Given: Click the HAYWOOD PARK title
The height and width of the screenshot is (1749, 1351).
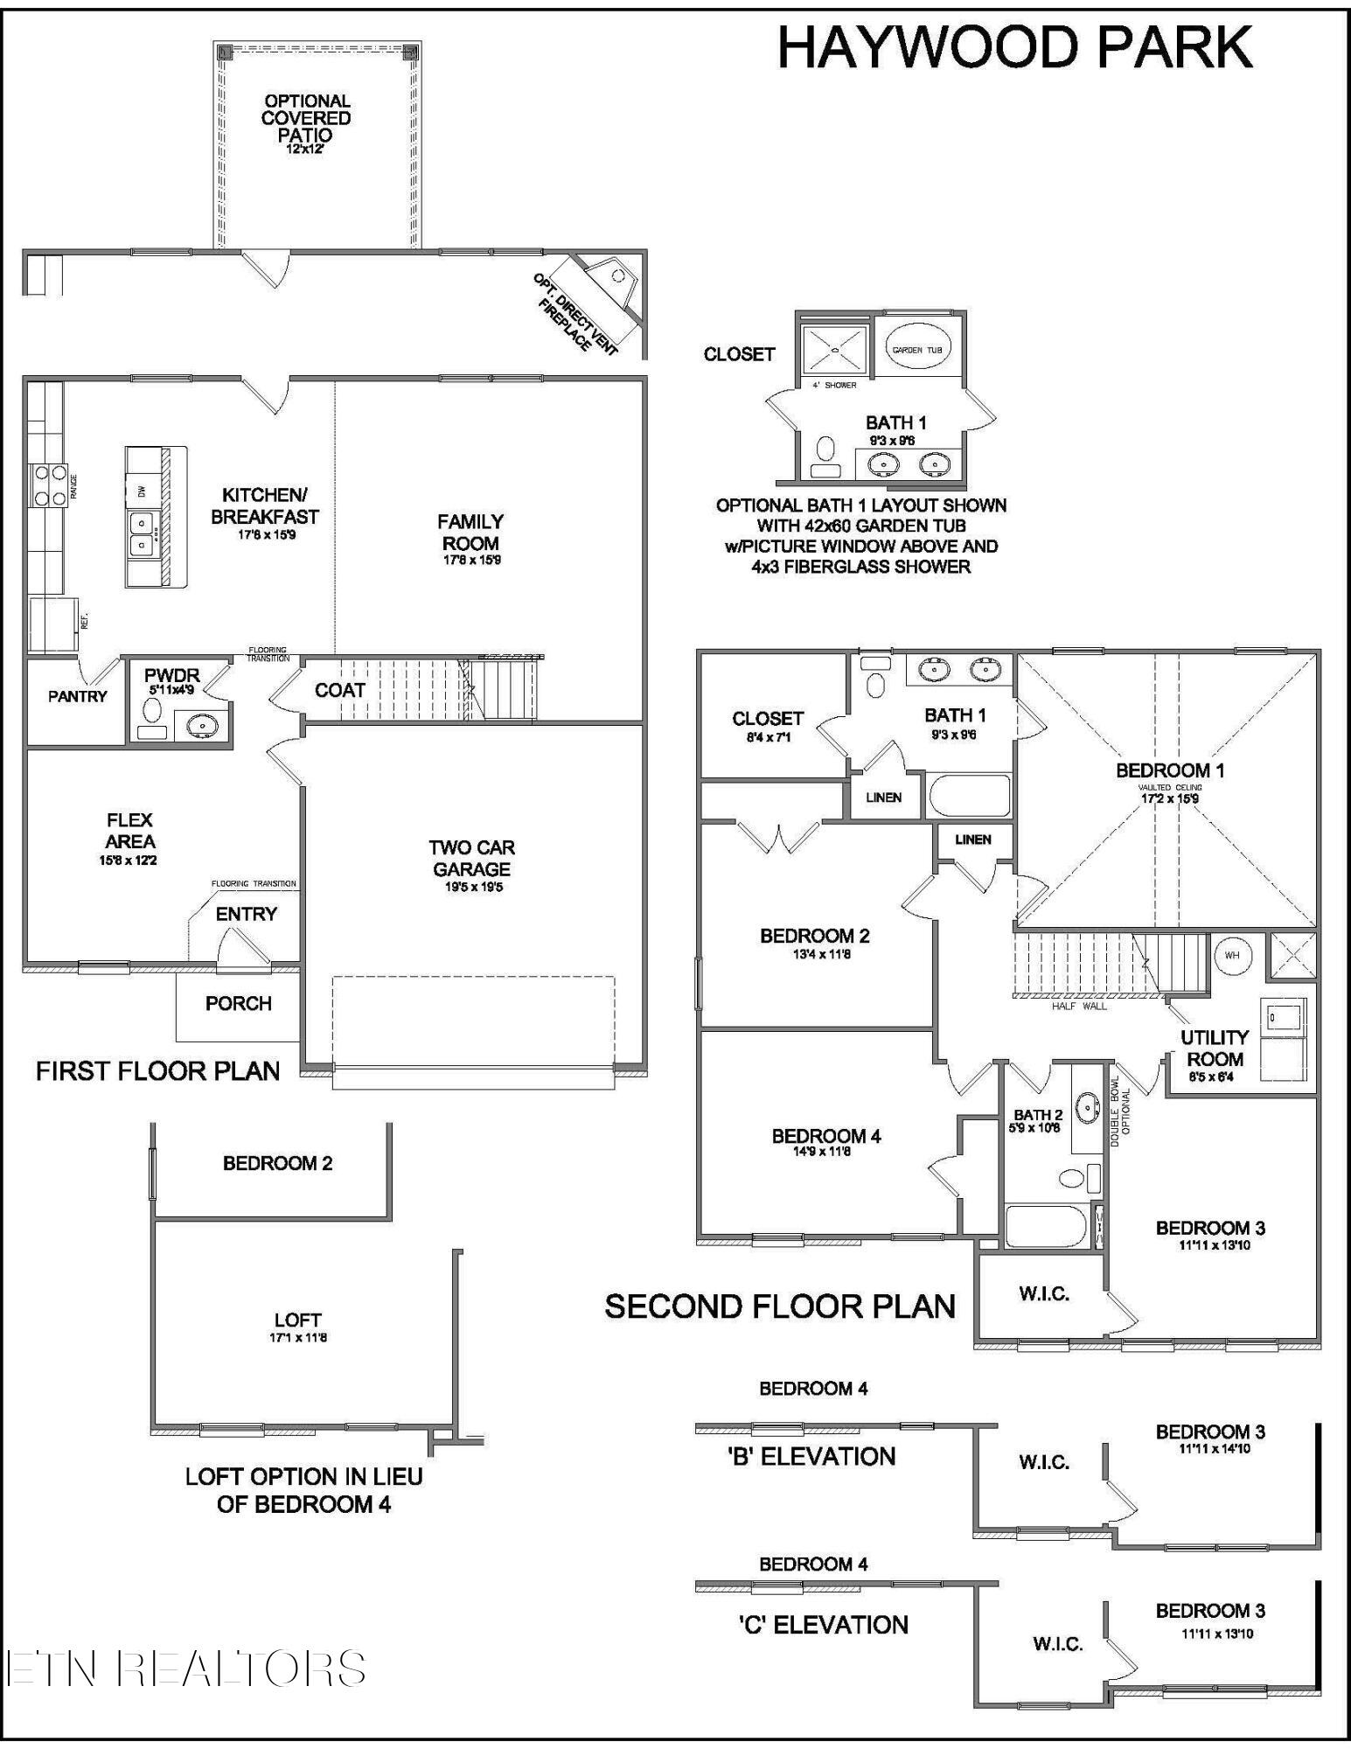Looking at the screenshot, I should point(1014,48).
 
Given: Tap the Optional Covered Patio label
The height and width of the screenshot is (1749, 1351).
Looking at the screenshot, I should point(307,118).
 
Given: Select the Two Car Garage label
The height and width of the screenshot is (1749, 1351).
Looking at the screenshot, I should point(471,859).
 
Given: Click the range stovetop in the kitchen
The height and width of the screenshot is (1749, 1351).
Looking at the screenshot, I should point(49,484).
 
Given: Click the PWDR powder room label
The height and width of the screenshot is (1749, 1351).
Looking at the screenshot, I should point(171,675).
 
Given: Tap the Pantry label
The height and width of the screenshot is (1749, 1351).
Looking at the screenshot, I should point(77,696).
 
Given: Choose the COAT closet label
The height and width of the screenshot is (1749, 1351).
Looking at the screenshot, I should point(339,690).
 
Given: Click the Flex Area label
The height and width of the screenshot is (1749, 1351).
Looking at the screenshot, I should point(129,831).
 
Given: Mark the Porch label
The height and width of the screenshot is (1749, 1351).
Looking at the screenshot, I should point(238,1003).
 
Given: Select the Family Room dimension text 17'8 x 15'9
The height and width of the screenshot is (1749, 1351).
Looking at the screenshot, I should point(470,561).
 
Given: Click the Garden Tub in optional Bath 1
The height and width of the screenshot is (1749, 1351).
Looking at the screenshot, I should point(917,349).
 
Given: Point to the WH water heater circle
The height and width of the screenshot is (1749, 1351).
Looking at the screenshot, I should point(1231,955).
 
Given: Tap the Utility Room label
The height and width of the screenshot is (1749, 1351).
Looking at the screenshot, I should point(1214,1048).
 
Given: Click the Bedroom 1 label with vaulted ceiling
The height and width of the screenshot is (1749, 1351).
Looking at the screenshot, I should point(1170,770).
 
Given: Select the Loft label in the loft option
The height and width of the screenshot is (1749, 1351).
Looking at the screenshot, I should point(297,1320).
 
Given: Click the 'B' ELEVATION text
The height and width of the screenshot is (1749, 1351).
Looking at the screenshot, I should point(811,1456).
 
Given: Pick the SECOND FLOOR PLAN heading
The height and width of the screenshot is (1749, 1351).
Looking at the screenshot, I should point(780,1307).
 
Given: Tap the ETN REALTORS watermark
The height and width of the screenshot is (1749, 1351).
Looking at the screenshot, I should point(185,1668).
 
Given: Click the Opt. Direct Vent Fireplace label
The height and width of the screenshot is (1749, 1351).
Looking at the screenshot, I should point(574,313).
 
